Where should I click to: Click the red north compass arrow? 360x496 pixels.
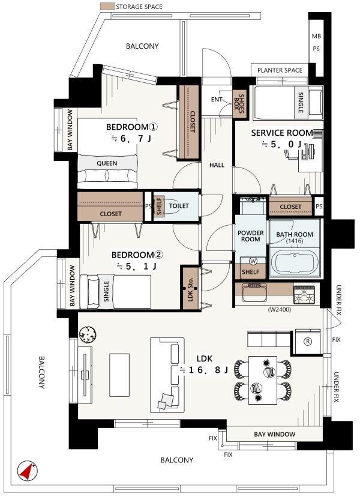coord(27,471)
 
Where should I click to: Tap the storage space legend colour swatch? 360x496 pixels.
coord(107,7)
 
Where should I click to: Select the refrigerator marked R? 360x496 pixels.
coord(308,341)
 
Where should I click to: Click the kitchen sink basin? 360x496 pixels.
coord(254,293)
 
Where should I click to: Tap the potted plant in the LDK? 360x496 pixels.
coord(88,334)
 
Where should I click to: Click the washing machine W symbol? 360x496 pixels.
coord(253,261)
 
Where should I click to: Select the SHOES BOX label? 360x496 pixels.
coord(239,103)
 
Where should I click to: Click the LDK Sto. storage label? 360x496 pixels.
coord(190,289)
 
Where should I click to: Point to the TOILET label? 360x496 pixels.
coord(179,206)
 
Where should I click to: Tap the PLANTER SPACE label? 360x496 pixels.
coord(280,70)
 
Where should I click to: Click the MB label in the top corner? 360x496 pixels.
coord(316,37)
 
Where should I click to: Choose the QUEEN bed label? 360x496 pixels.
coord(107,163)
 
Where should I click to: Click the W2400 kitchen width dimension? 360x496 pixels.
coord(280,310)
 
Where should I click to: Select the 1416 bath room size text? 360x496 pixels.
coord(295,241)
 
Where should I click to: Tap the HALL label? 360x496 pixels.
coord(217,165)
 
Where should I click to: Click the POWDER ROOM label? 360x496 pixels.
coord(251,236)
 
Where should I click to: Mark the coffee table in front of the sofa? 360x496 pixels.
coord(119,375)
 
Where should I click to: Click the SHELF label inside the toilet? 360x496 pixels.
coord(159,206)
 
